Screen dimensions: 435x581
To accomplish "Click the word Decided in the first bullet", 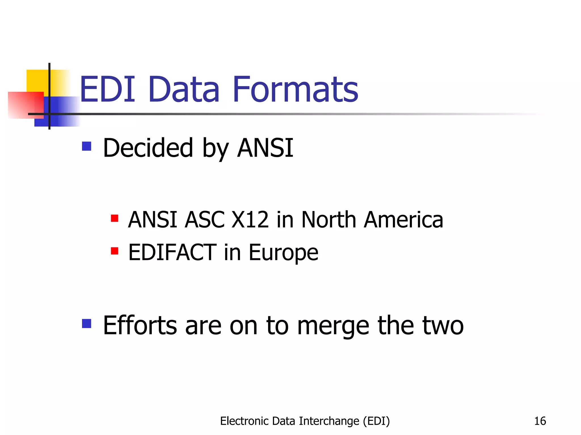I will tap(148, 148).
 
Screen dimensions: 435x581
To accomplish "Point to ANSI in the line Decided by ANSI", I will tap(265, 148).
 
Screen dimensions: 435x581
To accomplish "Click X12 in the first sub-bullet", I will tap(250, 220).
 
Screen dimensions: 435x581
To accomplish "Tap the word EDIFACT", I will tap(172, 252).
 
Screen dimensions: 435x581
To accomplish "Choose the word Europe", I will tap(283, 253).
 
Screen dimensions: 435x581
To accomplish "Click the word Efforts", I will tap(140, 325).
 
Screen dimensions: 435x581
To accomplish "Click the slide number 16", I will tap(540, 421).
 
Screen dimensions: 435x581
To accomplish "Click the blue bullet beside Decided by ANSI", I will tap(87, 146).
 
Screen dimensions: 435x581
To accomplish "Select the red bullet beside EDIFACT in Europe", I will tap(115, 251).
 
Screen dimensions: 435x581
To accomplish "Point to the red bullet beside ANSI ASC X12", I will tap(115, 218).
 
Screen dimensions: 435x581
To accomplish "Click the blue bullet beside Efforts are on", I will tap(87, 323).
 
